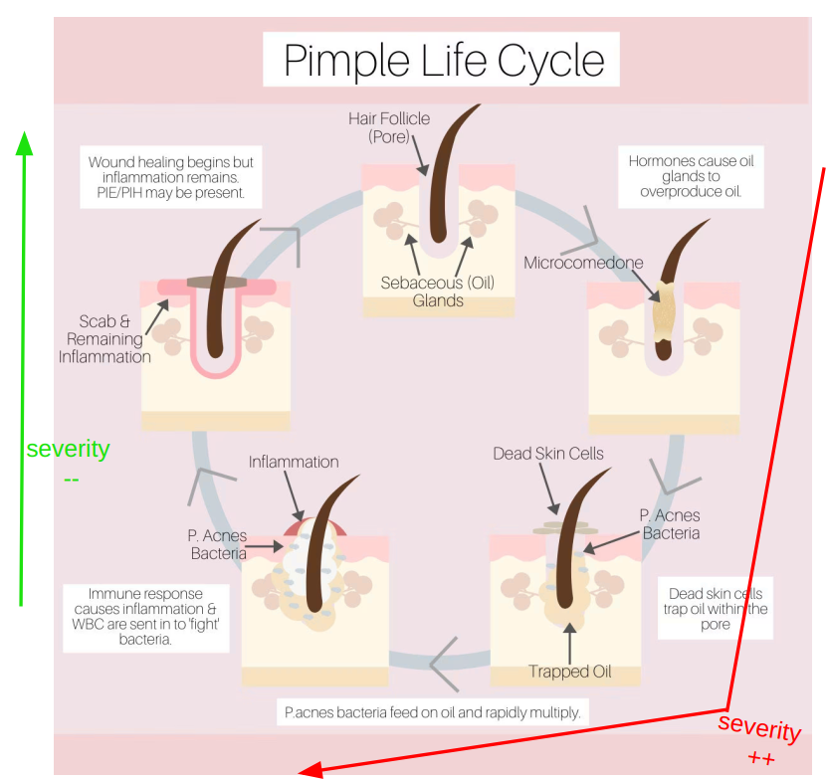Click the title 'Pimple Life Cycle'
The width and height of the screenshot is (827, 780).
pos(443,60)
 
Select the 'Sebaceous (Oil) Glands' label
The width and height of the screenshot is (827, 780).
pos(438,292)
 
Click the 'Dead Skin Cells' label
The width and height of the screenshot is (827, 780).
pos(547,454)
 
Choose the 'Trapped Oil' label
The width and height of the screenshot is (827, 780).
pos(569,672)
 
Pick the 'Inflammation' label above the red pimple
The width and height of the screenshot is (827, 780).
pos(294,462)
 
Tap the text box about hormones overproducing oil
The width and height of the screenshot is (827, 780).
pos(690,176)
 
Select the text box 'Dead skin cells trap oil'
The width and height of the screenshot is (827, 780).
pos(715,609)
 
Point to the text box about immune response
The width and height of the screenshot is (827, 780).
pos(145,617)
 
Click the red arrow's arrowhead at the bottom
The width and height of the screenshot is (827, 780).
pos(309,769)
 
